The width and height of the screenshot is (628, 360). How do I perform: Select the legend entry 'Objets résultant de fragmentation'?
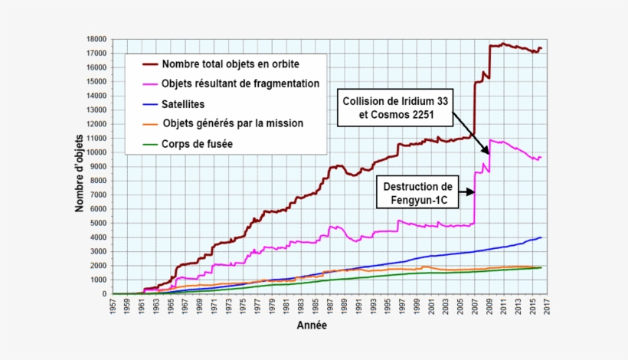(x=240, y=83)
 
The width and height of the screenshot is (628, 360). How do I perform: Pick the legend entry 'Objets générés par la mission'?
(x=233, y=123)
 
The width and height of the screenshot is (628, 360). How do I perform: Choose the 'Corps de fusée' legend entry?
(x=198, y=142)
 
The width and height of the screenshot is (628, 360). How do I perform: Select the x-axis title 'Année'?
(x=312, y=326)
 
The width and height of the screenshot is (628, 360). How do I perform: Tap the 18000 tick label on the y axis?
(x=96, y=39)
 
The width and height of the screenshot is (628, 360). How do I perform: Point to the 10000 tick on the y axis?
(x=96, y=152)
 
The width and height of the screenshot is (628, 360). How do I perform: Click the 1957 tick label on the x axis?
(x=113, y=306)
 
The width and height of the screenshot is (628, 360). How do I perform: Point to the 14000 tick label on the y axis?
(x=96, y=96)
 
